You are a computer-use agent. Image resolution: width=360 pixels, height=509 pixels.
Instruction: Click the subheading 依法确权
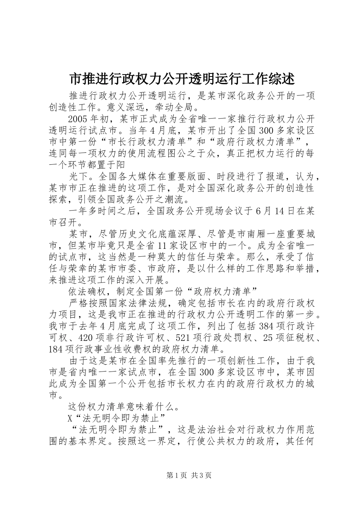point(87,291)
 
